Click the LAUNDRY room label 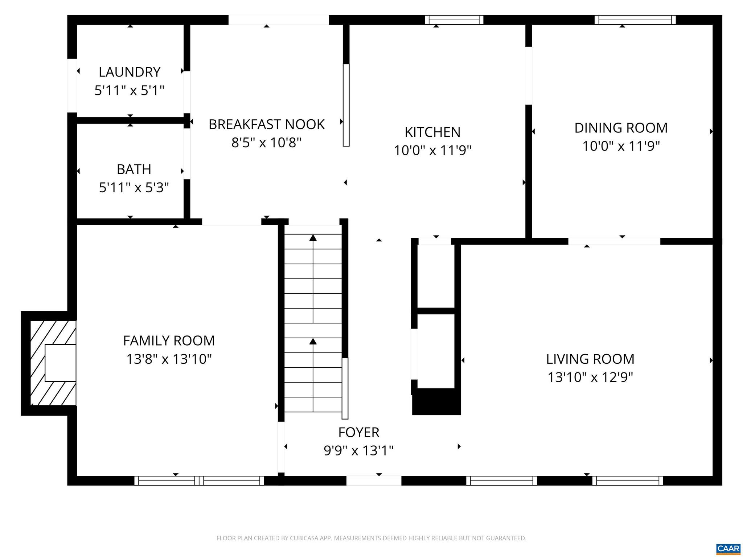tap(130, 72)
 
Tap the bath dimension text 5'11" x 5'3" tap(134, 188)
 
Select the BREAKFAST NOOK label tap(266, 124)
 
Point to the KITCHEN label tap(432, 132)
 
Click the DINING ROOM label tap(621, 128)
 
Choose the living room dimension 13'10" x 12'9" tap(590, 377)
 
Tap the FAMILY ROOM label tap(169, 341)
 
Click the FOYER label tap(359, 433)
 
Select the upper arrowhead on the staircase tap(313, 238)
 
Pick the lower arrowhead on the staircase tap(313, 341)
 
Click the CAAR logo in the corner tap(728, 549)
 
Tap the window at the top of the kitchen tap(454, 20)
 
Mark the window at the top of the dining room tap(635, 20)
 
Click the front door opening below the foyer tap(374, 480)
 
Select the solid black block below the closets tap(436, 402)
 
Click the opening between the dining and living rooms tap(614, 242)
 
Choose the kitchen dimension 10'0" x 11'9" tap(432, 150)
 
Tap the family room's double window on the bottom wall tap(199, 480)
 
